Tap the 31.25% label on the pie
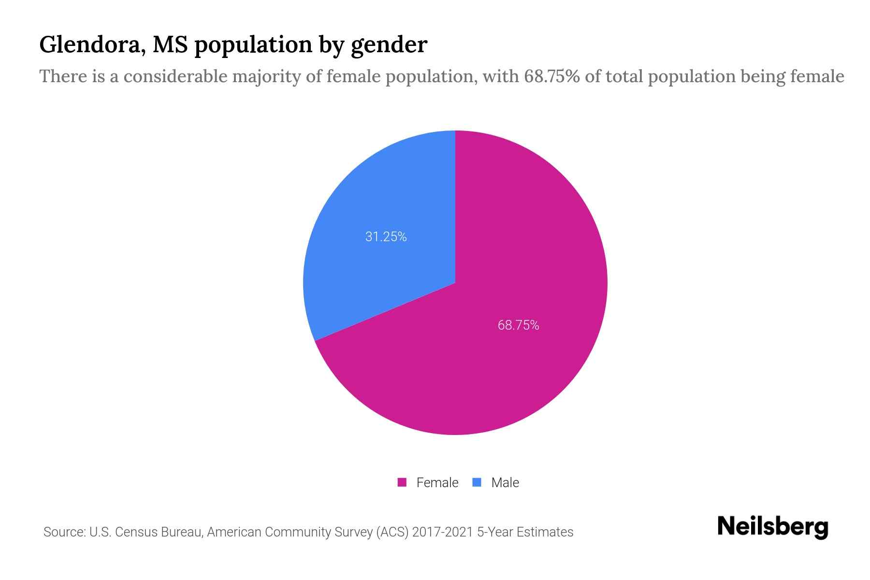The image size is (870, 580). (x=386, y=237)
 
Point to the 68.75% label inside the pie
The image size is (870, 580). (x=518, y=325)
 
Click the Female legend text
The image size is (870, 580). (x=437, y=483)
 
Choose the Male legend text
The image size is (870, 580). (x=505, y=483)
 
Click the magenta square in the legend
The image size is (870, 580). (x=402, y=482)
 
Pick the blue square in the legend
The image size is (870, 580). (x=477, y=482)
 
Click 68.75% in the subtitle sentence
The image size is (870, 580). (x=551, y=76)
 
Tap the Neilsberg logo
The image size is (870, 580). (x=772, y=527)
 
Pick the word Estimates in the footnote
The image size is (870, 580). (x=545, y=532)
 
